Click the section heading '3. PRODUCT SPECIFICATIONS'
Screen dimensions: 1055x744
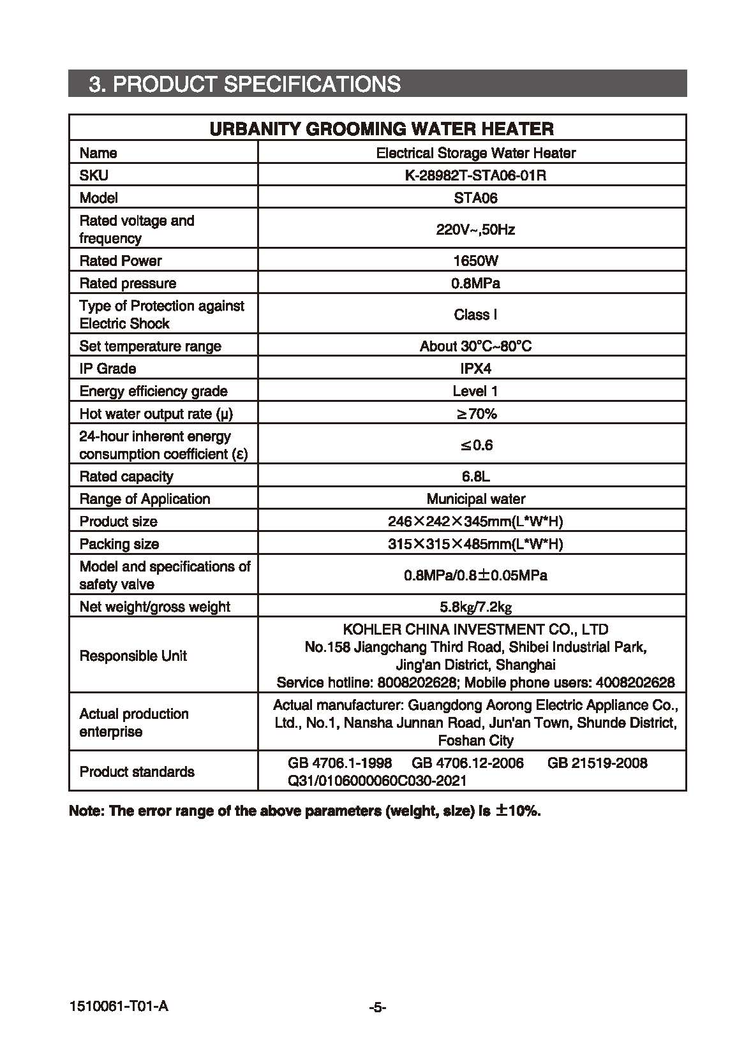245,84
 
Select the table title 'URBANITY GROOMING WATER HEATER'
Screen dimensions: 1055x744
382,129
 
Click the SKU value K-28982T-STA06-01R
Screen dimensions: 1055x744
475,175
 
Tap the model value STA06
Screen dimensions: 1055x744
475,198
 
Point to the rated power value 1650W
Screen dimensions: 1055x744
475,261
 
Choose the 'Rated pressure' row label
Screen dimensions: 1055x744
128,283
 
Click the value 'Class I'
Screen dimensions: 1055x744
475,314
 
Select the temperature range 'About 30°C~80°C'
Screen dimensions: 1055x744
475,346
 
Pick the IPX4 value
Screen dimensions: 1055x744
475,369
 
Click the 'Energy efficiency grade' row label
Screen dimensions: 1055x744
153,391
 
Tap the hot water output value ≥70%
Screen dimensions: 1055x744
476,414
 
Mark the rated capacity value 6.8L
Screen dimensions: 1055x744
475,476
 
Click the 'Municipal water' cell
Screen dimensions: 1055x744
475,499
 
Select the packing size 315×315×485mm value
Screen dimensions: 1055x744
475,544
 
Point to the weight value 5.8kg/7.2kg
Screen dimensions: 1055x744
475,607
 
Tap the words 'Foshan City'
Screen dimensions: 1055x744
475,741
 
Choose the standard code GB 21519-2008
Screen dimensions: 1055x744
597,763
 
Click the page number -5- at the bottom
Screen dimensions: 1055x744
378,1008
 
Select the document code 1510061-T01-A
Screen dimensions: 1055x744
119,1007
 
